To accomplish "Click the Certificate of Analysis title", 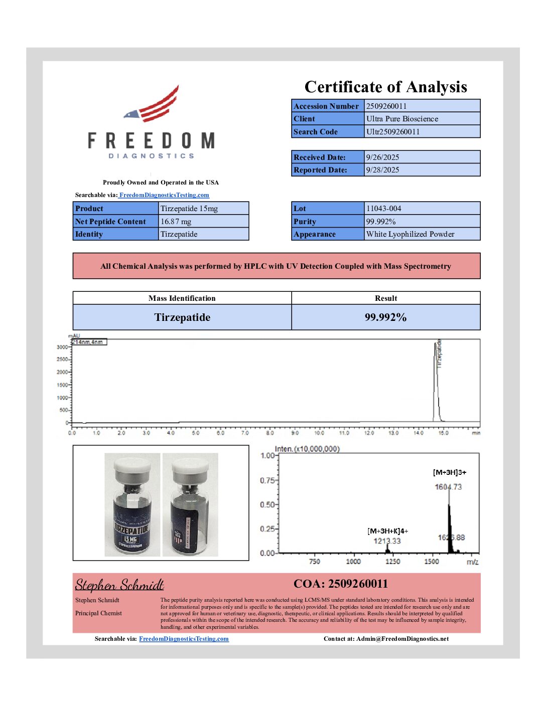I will coord(385,87).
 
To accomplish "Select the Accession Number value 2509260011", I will coord(386,106).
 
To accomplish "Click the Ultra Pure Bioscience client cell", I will coord(402,119).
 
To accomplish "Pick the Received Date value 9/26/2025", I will coord(382,157).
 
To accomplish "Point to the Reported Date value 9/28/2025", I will coord(382,170).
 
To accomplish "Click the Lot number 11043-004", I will coord(383,209).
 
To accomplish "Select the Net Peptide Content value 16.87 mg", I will coord(176,222).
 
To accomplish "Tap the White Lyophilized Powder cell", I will coord(410,234).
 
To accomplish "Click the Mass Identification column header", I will coord(182,298).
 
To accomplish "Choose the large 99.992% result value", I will coord(385,317).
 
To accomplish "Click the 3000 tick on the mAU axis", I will coord(62,347).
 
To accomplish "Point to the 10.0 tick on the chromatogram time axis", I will coord(319,433).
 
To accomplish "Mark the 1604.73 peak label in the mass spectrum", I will coord(448,487).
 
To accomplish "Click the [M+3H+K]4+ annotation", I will coord(387,531).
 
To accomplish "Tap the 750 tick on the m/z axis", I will coord(315,562).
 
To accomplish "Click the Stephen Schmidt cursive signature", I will coord(119,585).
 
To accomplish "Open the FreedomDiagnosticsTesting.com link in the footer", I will coord(184,639).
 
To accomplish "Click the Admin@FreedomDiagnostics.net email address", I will coord(402,639).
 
